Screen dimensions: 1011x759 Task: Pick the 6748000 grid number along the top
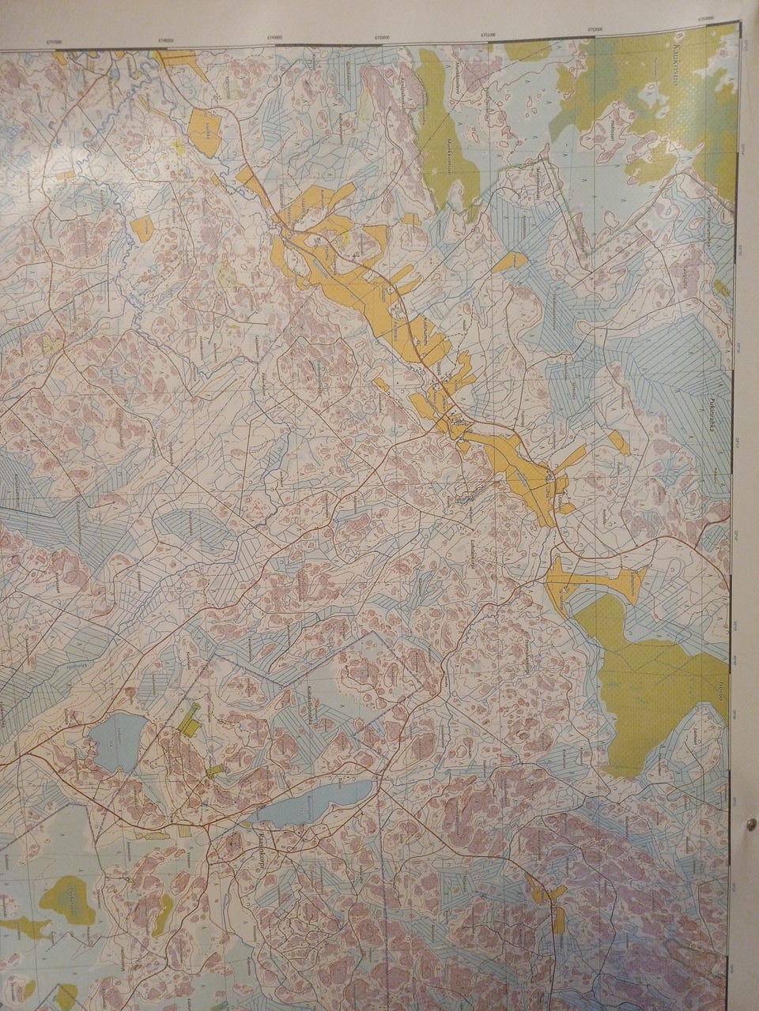(166, 39)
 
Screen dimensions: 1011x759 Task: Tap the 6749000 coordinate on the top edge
(275, 36)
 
